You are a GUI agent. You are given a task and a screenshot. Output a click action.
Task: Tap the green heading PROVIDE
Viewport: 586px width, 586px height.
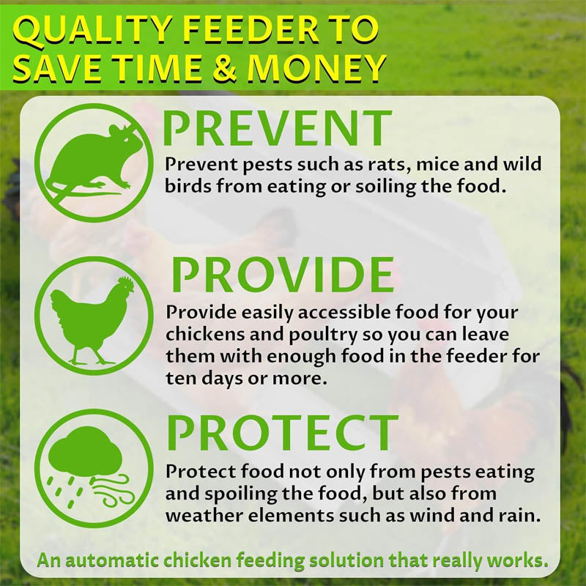(283, 275)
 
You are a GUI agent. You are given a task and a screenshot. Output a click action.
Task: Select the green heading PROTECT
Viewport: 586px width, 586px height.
(282, 432)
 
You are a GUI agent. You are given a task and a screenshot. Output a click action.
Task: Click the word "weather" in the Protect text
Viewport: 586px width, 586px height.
(201, 516)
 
